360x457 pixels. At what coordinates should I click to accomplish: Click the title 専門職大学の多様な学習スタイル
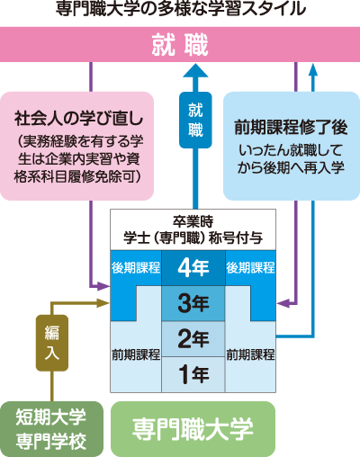coord(180,11)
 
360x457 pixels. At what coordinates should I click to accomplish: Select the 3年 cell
coord(193,303)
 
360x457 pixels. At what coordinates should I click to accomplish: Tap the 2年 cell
coord(193,338)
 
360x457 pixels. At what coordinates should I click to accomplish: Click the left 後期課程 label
coord(136,267)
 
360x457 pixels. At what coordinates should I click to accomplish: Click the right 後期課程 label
coord(251,267)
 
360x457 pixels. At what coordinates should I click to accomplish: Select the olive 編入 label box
coord(51,343)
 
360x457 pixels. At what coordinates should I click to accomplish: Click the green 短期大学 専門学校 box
coord(51,428)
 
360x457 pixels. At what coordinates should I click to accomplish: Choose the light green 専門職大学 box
coord(193,427)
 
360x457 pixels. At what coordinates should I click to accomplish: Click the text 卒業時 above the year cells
coord(193,220)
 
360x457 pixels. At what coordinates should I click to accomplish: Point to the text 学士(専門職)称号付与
coord(193,237)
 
